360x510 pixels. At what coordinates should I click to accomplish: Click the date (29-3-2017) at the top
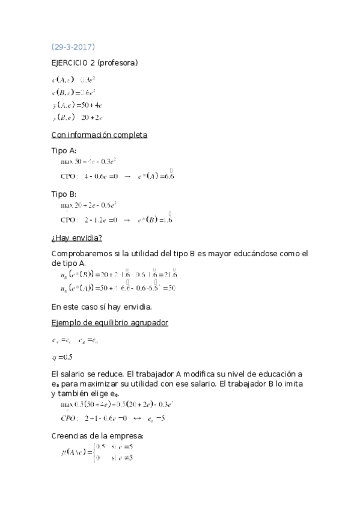(x=73, y=47)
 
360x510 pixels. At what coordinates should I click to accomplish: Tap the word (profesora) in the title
(x=117, y=62)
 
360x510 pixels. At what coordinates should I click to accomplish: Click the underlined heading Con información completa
(x=99, y=135)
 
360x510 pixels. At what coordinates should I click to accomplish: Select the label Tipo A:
(x=64, y=151)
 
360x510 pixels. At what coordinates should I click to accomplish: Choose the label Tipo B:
(x=64, y=194)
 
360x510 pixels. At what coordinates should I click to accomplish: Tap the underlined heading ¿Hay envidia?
(x=77, y=238)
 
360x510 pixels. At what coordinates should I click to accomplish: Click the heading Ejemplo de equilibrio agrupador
(x=110, y=323)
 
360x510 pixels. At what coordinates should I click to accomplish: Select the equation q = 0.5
(x=63, y=357)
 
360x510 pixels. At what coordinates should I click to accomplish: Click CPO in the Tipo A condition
(x=69, y=176)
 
